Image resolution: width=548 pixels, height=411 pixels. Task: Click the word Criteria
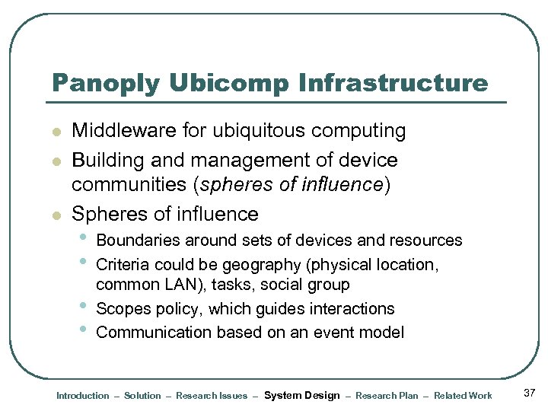tap(123, 265)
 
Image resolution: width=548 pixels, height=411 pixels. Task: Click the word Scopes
tap(123, 309)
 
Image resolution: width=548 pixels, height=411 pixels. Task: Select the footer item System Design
tap(301, 395)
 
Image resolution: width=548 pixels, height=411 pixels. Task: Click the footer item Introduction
tap(83, 396)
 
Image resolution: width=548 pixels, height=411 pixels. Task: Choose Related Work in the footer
tap(463, 396)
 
